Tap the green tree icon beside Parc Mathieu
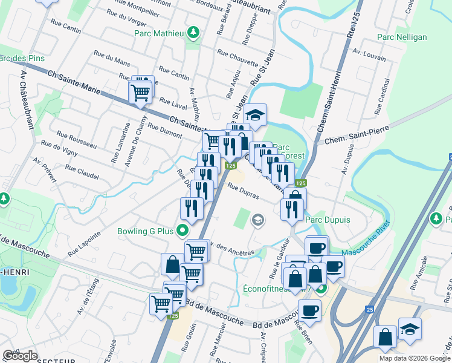tap(193, 31)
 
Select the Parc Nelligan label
tap(402, 37)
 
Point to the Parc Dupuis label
tap(328, 220)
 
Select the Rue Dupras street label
tap(243, 191)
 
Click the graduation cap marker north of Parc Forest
tap(255, 115)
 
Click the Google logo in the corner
tap(21, 356)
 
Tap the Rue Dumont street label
tap(164, 131)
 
